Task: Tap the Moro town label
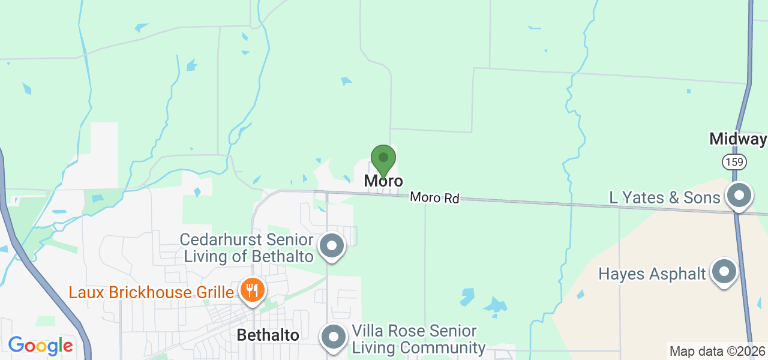(x=383, y=181)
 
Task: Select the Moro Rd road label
(x=435, y=197)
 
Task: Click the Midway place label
(x=737, y=139)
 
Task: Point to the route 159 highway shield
(x=734, y=161)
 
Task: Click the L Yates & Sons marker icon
(x=739, y=196)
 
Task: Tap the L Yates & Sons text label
(x=664, y=197)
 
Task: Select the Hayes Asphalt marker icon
(x=724, y=272)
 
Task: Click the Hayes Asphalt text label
(x=652, y=274)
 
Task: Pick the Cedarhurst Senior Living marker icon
(x=332, y=246)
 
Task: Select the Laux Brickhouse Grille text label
(x=151, y=293)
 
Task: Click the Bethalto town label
(x=268, y=335)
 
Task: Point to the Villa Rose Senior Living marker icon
(x=334, y=337)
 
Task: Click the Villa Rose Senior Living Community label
(x=418, y=339)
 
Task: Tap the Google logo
(x=40, y=346)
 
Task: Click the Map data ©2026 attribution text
(x=717, y=352)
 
